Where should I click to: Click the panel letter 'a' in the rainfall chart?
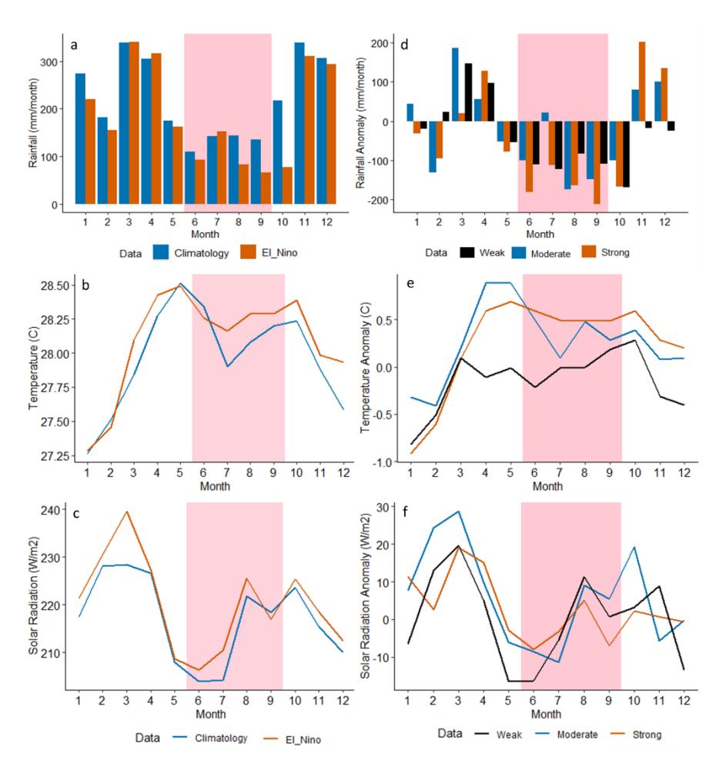click(x=74, y=45)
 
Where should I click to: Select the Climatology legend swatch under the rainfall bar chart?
click(x=161, y=252)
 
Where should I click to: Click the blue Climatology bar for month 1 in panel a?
click(x=80, y=138)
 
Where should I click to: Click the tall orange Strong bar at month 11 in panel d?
click(x=641, y=82)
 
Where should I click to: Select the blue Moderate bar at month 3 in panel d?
click(x=455, y=85)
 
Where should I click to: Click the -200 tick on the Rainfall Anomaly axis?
click(x=378, y=200)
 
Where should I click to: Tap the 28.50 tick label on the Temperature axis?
click(x=55, y=286)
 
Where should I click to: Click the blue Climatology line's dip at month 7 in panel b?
click(x=227, y=366)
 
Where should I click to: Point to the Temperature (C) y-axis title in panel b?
click(x=33, y=368)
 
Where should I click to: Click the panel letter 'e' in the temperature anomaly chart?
click(x=410, y=283)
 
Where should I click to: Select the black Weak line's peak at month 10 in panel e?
click(x=634, y=340)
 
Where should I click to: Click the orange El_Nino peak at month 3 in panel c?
click(x=127, y=512)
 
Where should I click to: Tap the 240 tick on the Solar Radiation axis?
click(x=51, y=510)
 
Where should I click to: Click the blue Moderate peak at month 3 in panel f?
click(x=458, y=512)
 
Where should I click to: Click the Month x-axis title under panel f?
click(x=546, y=714)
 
